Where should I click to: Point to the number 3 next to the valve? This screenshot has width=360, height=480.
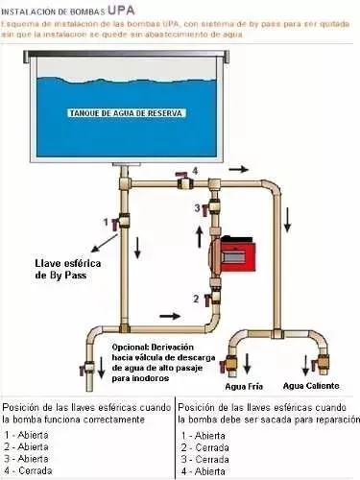point(198,207)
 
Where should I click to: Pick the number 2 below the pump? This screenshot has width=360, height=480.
point(196,299)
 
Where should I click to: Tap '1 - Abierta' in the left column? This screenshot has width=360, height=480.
point(28,434)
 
